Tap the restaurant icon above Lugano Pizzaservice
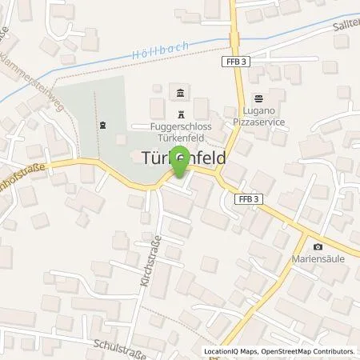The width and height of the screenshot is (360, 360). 259,98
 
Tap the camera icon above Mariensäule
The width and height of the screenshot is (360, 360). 318,246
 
